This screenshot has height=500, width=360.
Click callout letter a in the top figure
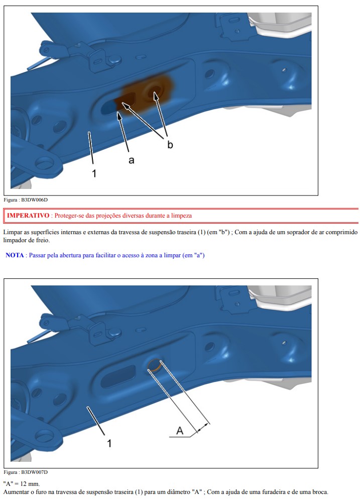tap(131, 160)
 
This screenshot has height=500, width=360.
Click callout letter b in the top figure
tap(170, 145)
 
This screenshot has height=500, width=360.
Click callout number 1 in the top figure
tap(94, 173)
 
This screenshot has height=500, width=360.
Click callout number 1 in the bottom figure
tap(109, 444)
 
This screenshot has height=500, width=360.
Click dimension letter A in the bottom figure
tap(180, 431)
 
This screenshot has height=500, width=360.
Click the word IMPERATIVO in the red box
tap(28, 216)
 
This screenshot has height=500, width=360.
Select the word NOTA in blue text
tap(15, 255)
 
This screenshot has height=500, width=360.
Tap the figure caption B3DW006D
tap(35, 200)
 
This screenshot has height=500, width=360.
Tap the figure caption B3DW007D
tap(35, 472)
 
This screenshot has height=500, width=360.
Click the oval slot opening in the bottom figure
tap(118, 376)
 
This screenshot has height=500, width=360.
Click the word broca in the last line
tap(320, 492)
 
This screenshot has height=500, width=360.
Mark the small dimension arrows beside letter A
tap(203, 427)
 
